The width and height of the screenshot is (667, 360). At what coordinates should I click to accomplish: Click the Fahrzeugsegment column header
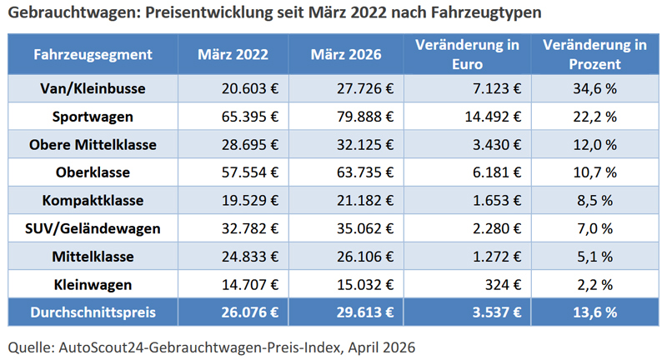tap(93, 55)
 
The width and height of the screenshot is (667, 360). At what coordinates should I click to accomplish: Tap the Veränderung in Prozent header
tap(594, 55)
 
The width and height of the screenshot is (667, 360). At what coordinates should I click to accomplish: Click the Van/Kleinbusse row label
tap(93, 87)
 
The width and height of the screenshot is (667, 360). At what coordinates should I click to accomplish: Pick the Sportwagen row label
tap(93, 116)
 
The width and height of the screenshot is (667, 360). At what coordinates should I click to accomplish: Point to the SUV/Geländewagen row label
tap(93, 228)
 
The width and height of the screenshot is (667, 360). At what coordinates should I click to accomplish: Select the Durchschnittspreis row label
tap(93, 312)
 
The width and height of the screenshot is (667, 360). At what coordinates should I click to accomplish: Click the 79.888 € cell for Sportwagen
tap(363, 116)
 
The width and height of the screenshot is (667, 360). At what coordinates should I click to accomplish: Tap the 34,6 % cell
tap(594, 87)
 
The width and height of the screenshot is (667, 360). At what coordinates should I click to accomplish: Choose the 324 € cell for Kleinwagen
tap(503, 285)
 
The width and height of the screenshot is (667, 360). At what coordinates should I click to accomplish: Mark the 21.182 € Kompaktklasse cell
tap(363, 201)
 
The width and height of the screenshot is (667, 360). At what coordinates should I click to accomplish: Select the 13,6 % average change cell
tap(594, 312)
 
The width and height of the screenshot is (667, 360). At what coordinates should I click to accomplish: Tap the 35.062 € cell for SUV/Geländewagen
tap(363, 228)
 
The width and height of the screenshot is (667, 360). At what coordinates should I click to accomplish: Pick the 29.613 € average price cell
tap(363, 312)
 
